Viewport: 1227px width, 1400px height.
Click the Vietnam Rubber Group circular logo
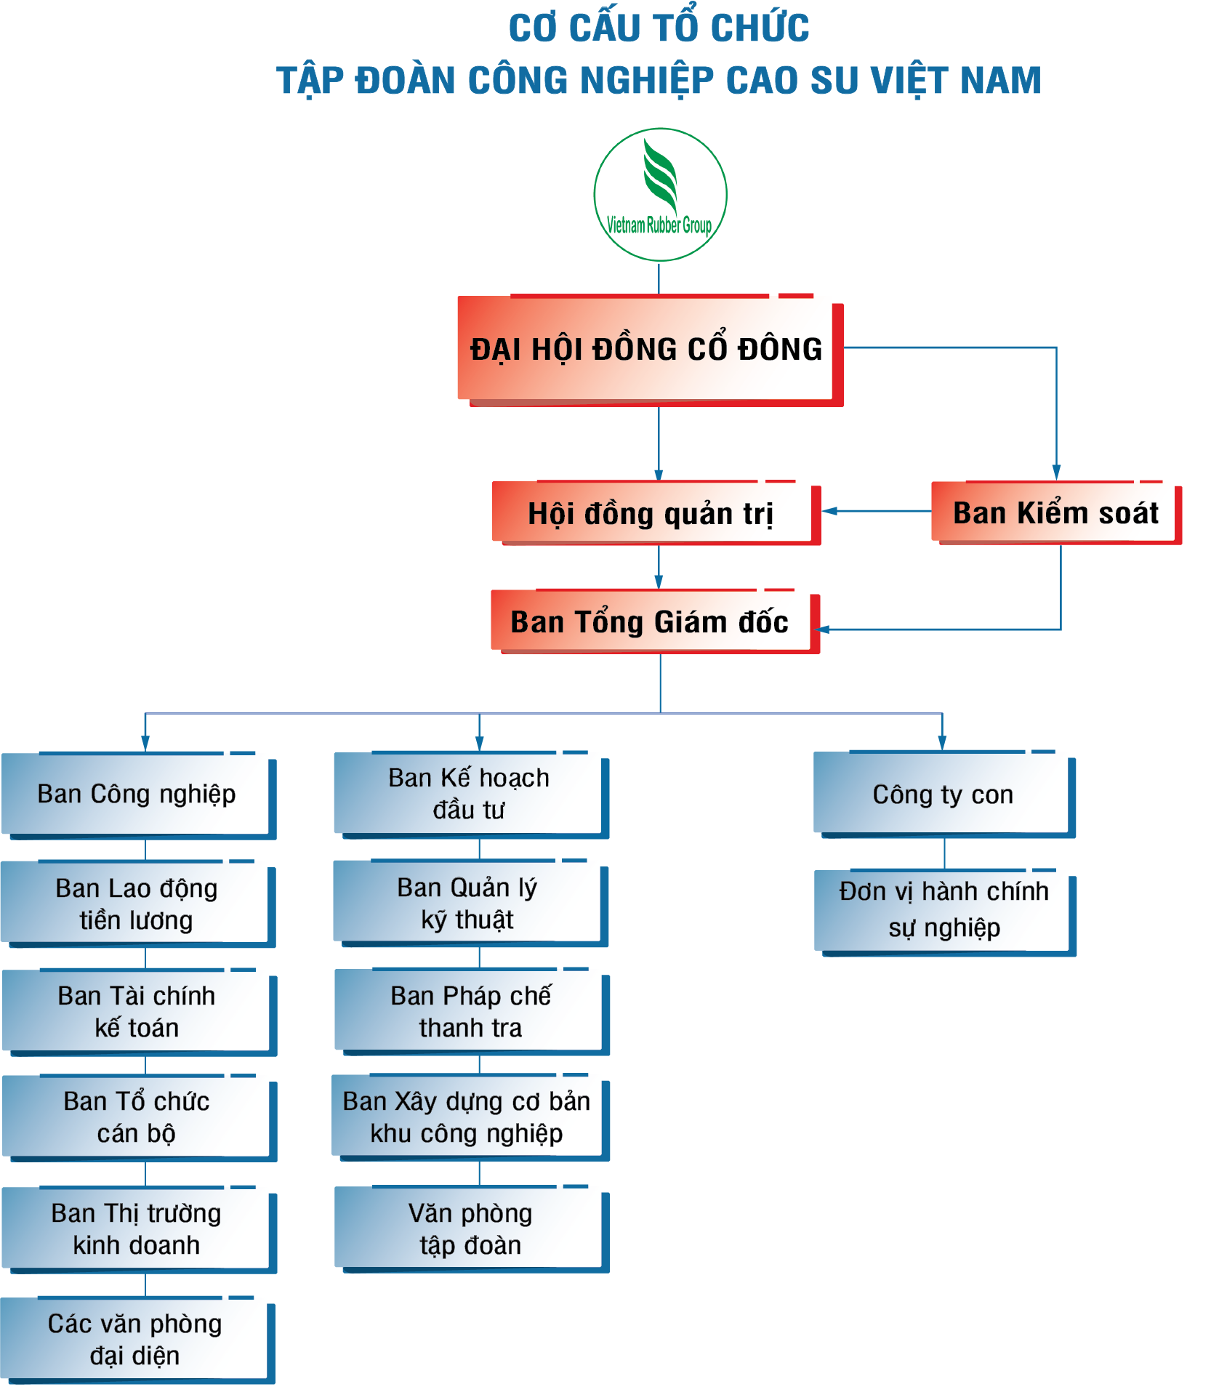coord(660,195)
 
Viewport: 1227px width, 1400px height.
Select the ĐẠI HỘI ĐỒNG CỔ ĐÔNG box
coord(647,350)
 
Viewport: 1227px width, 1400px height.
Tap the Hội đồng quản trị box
coord(652,513)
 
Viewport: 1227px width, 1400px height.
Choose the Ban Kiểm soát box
coord(1055,512)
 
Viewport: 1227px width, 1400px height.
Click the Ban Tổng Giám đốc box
coord(651,621)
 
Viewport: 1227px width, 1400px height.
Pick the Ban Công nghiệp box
coord(137,794)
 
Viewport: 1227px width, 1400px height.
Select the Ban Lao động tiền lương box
coord(137,904)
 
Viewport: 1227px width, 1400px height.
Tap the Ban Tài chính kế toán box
coord(137,1011)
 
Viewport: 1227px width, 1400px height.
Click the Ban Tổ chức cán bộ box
coord(137,1117)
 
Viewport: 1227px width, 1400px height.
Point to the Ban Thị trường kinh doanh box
coord(137,1229)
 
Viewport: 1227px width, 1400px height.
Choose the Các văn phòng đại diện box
coord(135,1340)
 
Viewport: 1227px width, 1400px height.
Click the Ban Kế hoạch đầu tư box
coord(469,794)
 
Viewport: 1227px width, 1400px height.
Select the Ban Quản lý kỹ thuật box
coord(468,903)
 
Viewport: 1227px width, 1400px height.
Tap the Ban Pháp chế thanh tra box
coord(470,1011)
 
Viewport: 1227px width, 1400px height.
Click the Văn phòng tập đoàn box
coord(470,1229)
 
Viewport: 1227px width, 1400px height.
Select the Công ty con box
coord(942,794)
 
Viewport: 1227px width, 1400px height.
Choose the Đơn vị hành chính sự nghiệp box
coord(944,909)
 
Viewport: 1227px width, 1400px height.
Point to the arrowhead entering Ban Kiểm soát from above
coord(1056,472)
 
